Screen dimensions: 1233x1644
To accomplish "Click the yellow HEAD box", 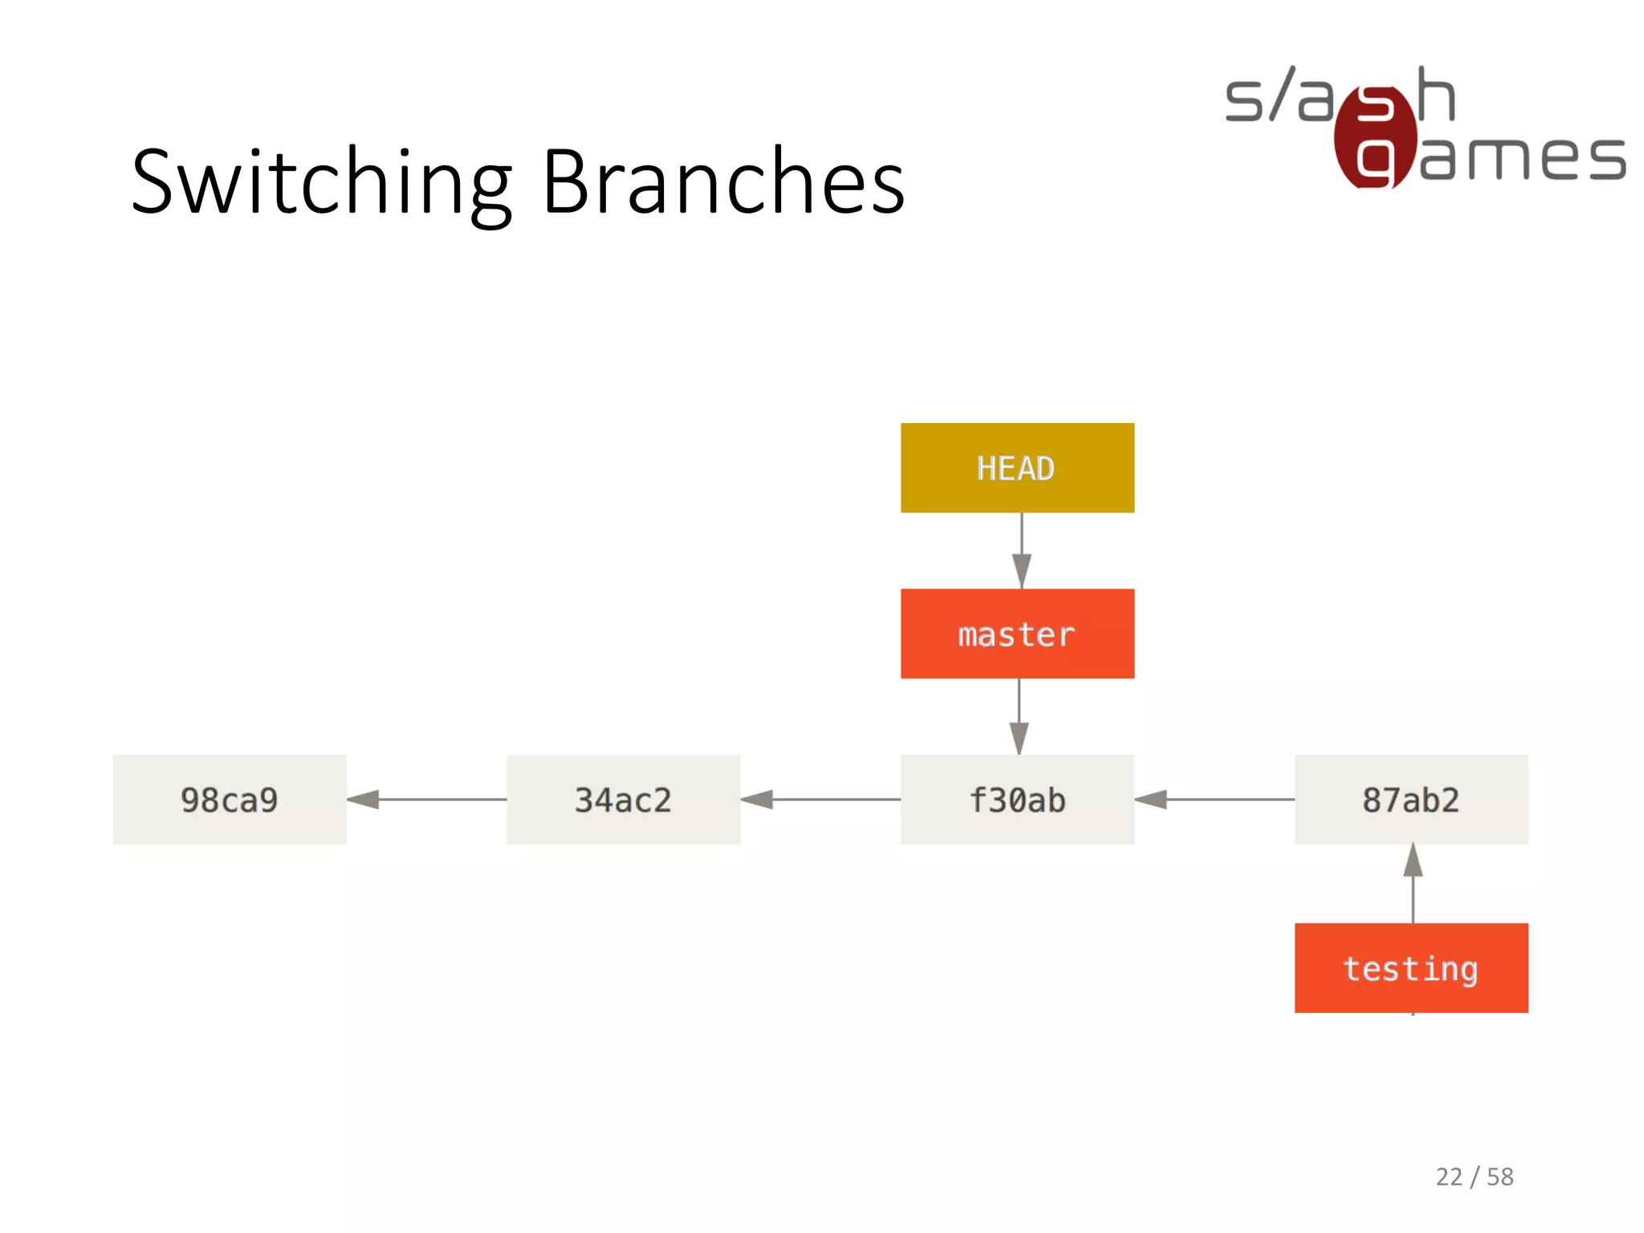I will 1017,468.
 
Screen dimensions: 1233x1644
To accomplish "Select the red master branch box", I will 1017,634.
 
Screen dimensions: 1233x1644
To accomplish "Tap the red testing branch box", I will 1411,968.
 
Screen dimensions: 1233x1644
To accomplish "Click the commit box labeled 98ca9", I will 230,800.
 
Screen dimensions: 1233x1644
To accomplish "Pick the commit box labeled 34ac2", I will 623,800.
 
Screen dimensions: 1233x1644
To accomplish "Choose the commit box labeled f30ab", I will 1017,800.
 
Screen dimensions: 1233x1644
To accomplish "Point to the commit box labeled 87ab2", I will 1411,800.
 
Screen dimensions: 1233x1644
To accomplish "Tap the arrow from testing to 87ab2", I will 1413,883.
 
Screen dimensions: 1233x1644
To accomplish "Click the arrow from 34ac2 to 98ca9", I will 426,800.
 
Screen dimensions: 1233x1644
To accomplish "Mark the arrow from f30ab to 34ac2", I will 820,800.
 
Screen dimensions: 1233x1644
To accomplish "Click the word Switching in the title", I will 321,183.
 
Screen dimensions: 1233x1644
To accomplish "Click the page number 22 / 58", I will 1475,1177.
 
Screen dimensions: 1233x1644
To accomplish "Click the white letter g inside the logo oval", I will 1374,161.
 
